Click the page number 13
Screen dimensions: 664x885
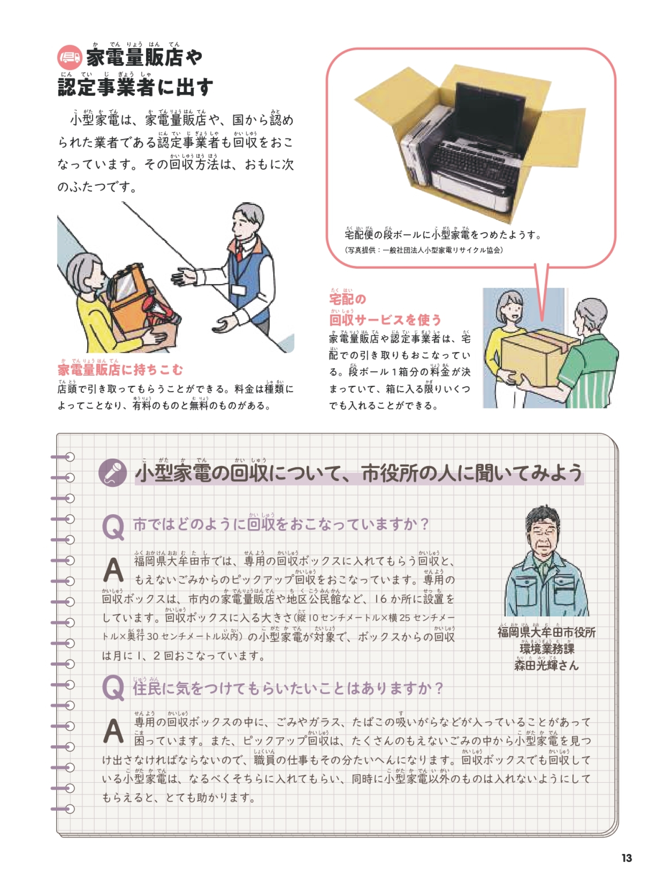pyautogui.click(x=626, y=858)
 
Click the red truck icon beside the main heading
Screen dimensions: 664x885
pyautogui.click(x=69, y=57)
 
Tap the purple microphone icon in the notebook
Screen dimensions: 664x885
pyautogui.click(x=113, y=472)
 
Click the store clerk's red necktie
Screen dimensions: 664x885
pyautogui.click(x=239, y=253)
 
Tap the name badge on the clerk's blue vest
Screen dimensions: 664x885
pyautogui.click(x=238, y=289)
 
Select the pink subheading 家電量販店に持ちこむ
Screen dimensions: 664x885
pyautogui.click(x=120, y=369)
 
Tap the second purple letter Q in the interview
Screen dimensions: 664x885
pyautogui.click(x=113, y=688)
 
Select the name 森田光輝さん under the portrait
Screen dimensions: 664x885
pyautogui.click(x=546, y=665)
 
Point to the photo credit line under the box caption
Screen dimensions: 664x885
pyautogui.click(x=424, y=250)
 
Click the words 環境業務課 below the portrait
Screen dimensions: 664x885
pyautogui.click(x=547, y=649)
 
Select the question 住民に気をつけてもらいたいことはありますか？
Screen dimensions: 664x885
pyautogui.click(x=288, y=688)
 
